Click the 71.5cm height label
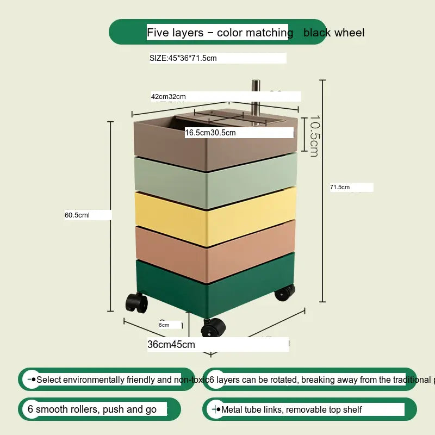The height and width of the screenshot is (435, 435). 340,188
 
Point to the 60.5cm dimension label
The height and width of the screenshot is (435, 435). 77,215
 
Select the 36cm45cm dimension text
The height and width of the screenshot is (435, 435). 171,344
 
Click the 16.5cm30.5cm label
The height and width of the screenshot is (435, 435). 210,133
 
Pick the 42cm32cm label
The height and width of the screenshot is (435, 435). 169,97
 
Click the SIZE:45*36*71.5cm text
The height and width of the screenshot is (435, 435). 183,58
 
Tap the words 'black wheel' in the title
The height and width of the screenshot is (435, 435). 333,33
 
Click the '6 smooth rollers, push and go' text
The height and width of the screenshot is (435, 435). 92,409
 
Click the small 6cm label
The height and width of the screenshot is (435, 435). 164,325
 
